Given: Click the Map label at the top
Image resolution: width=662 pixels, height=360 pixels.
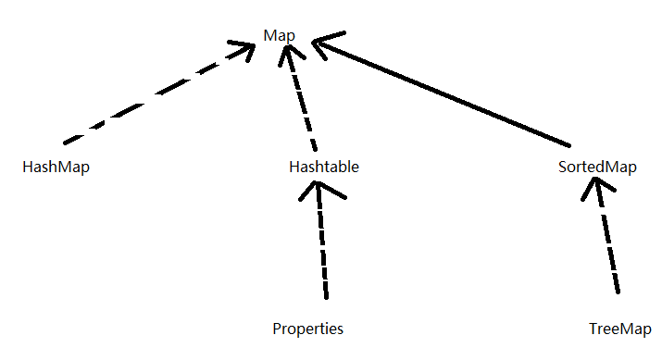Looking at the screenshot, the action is tap(279, 35).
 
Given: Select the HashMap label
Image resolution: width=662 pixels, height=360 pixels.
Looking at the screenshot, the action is tap(56, 168).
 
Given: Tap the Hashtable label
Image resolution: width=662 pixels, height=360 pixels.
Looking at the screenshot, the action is tap(324, 168).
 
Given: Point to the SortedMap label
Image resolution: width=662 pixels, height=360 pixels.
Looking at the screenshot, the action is tap(598, 168).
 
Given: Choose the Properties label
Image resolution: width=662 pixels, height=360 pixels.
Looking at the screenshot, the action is tap(308, 329).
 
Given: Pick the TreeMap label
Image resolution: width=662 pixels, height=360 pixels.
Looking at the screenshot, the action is tap(619, 329).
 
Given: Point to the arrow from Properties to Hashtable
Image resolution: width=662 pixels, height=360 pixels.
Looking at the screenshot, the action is tap(321, 241).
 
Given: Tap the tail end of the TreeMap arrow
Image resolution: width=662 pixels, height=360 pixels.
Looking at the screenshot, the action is tap(618, 292).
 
